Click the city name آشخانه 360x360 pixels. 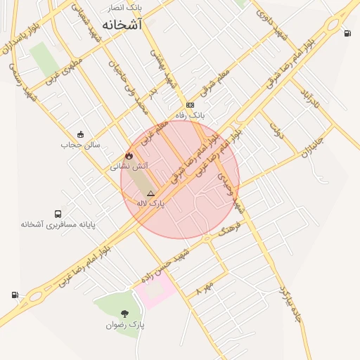(x=121, y=25)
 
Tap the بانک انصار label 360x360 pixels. (x=124, y=8)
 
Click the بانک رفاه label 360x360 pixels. (x=191, y=114)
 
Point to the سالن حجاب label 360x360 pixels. (x=81, y=145)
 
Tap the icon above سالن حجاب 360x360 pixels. (x=81, y=134)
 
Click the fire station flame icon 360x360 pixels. (x=129, y=155)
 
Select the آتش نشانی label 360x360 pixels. (x=127, y=167)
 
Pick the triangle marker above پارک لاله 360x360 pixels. (x=150, y=192)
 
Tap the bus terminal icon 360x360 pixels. (x=58, y=214)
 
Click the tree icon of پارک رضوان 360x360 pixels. (x=125, y=314)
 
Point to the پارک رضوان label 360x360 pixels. (x=125, y=325)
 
